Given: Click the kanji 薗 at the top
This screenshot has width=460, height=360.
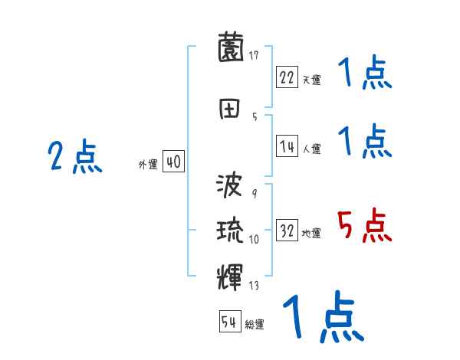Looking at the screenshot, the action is coord(231,48).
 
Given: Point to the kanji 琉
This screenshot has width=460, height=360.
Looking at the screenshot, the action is coord(231,231).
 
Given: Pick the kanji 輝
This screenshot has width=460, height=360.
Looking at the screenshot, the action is coord(231,274).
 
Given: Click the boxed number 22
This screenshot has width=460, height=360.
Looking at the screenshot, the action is coord(287,77).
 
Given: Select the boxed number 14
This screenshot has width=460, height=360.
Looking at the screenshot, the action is coord(287,148).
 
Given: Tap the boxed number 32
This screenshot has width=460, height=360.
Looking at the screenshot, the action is coord(287,232).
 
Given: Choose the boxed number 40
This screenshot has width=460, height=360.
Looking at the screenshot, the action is coord(173,163).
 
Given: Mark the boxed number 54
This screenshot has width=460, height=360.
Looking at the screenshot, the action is coord(229,322).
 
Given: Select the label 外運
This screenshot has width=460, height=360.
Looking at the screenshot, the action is coord(147,165).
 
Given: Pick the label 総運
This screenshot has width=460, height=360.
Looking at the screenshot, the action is coord(255,325).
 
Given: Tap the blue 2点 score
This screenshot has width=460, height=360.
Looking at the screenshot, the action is coord(74,157).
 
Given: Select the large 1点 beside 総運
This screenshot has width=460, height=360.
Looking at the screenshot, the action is coord(322,317).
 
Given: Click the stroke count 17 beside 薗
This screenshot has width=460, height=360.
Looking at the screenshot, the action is coord(254,55).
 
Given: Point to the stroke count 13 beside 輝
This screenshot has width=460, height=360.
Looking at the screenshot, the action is coord(254,286).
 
